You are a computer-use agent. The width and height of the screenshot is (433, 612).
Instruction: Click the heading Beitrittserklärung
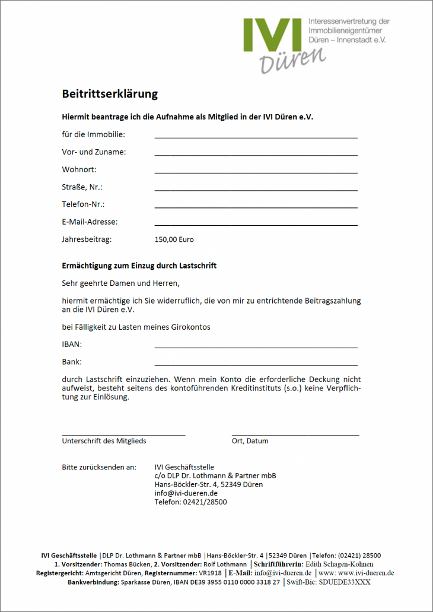click(x=110, y=94)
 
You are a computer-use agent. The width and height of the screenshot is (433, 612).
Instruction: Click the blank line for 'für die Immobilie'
click(x=256, y=137)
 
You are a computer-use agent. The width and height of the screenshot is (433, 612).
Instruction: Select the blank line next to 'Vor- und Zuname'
click(x=256, y=154)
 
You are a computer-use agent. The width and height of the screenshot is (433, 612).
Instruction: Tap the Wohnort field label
click(x=79, y=169)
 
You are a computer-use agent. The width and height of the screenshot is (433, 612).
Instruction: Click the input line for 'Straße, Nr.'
click(x=256, y=190)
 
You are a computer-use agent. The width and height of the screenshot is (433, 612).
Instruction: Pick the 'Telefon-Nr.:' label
click(x=83, y=204)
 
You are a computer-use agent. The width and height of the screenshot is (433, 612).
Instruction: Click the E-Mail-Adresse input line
click(x=256, y=225)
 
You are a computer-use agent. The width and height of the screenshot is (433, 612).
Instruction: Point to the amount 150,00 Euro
click(x=174, y=239)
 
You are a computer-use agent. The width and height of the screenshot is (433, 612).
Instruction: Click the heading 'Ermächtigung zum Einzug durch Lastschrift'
click(x=139, y=266)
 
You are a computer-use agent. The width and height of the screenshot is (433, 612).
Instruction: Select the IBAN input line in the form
click(x=256, y=346)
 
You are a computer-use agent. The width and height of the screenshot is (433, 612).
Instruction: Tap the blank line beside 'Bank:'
click(x=256, y=364)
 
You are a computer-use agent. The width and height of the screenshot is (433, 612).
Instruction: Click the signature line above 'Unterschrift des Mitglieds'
click(x=123, y=436)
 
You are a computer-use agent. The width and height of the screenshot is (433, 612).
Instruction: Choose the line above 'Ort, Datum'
click(x=295, y=436)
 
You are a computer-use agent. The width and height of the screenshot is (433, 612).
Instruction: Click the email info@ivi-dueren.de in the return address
click(x=186, y=493)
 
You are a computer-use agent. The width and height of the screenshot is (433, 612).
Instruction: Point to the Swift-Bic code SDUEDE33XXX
click(x=345, y=582)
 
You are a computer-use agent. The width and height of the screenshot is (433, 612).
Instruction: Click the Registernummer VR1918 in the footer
click(x=210, y=573)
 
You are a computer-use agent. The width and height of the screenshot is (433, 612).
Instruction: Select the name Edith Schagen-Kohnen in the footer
click(x=339, y=564)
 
